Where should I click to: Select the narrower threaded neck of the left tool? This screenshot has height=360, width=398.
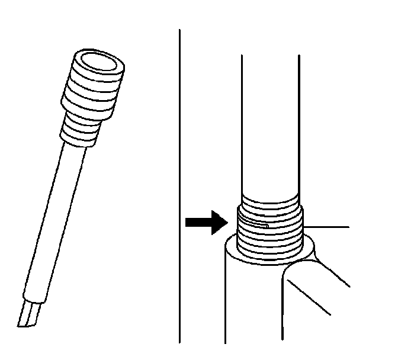pos(82,129)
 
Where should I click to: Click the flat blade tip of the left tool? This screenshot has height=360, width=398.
pos(29,314)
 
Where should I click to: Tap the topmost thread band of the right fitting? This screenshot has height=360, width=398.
pos(269,201)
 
